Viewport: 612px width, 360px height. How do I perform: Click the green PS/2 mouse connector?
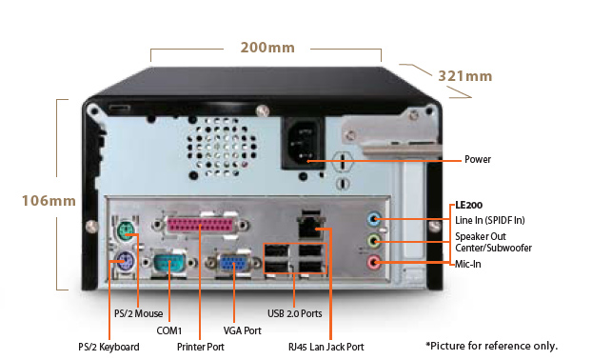127,230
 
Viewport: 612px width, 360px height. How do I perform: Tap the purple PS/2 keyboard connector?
126,260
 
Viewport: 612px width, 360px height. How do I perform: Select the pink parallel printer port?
200,225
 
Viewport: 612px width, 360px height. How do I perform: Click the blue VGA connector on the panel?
234,263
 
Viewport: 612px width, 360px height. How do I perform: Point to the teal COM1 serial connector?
169,263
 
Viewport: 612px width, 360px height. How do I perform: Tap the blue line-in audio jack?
373,219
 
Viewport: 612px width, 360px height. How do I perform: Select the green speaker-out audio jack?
373,241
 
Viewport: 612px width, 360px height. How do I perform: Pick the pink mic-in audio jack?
373,263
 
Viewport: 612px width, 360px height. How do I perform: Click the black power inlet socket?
304,143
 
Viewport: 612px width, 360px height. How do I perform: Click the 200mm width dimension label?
267,48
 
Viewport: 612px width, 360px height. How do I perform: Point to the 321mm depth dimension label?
464,76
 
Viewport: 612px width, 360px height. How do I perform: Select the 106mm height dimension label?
49,201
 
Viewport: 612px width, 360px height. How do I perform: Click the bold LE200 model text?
469,205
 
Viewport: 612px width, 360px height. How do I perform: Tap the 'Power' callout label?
478,159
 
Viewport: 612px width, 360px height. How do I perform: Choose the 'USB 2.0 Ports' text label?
295,313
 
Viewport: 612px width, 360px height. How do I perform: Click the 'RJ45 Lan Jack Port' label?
326,347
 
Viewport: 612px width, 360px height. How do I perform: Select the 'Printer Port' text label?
201,347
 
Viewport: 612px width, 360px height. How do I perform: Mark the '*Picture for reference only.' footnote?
492,346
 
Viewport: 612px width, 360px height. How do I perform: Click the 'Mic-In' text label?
468,264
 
